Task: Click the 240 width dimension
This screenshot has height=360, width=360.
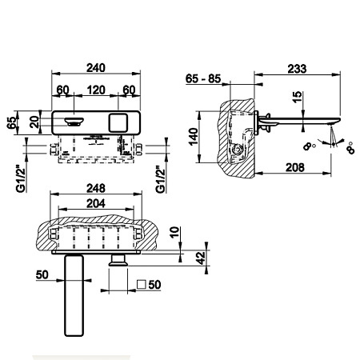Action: pos(96,68)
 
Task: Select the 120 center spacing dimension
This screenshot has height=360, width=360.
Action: pos(96,90)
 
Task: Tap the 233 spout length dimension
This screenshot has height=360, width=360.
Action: pos(297,69)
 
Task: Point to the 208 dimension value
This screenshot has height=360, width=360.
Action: pos(295,167)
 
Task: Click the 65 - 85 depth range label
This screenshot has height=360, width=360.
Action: pos(203,78)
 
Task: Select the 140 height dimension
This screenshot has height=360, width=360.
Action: pos(194,137)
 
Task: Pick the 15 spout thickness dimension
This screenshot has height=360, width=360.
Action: pos(297,97)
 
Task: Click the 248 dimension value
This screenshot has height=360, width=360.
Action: pos(96,188)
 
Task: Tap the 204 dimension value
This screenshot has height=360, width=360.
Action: pos(96,203)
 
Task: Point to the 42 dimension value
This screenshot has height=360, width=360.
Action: pos(202,258)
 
